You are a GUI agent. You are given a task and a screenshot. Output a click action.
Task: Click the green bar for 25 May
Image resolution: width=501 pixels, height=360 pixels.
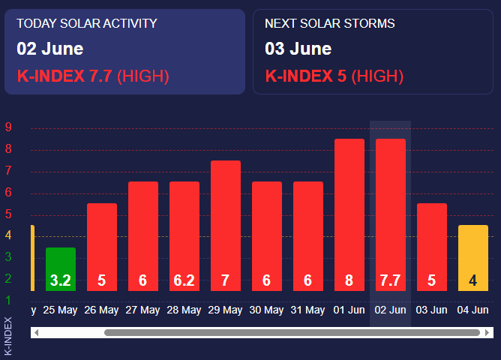click(x=61, y=269)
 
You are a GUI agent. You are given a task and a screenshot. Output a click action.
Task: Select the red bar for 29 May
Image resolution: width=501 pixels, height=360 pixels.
click(x=226, y=226)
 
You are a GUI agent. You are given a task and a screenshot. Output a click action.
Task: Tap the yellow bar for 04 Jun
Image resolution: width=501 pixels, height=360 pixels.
click(x=473, y=258)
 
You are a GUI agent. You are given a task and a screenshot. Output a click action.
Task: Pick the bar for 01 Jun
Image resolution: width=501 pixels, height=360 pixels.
click(x=349, y=214)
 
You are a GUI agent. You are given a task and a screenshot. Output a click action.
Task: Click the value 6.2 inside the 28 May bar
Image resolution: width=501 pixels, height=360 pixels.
click(x=184, y=280)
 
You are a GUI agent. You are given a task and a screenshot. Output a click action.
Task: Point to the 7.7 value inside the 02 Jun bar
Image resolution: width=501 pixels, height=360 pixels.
click(x=390, y=280)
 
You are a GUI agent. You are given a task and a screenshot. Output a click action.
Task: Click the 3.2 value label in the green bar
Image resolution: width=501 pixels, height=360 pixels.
click(x=61, y=280)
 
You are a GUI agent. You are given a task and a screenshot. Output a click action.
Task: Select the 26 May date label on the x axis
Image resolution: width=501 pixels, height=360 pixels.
click(x=101, y=310)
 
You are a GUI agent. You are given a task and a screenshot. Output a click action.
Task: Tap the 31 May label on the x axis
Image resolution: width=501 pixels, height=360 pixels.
click(x=307, y=310)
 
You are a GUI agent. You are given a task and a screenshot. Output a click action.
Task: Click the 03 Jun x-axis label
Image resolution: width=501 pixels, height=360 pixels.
click(x=431, y=310)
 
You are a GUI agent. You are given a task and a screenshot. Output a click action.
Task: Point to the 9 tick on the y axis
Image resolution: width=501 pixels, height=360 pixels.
click(x=8, y=127)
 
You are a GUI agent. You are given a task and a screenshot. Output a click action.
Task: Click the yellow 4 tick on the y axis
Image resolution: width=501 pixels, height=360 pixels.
click(x=8, y=235)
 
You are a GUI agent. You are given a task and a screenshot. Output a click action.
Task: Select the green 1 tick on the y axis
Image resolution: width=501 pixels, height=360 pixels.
click(x=8, y=300)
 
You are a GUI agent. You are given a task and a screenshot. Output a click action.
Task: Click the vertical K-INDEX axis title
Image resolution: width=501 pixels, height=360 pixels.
click(x=8, y=336)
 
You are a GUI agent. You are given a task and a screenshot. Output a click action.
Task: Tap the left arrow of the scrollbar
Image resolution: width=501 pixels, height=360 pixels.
click(x=37, y=332)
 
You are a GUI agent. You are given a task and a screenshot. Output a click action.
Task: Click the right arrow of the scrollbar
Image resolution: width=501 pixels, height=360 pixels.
click(x=487, y=332)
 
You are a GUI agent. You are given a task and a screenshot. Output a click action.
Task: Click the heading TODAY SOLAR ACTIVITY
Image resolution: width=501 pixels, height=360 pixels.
click(x=87, y=23)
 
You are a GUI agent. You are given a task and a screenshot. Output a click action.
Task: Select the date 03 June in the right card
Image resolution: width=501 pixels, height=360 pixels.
click(x=298, y=49)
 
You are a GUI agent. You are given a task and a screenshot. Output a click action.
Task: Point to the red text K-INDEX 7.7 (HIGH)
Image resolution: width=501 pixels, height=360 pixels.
click(x=93, y=76)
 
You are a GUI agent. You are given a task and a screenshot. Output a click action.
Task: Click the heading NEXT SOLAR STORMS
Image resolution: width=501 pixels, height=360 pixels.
click(x=330, y=23)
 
